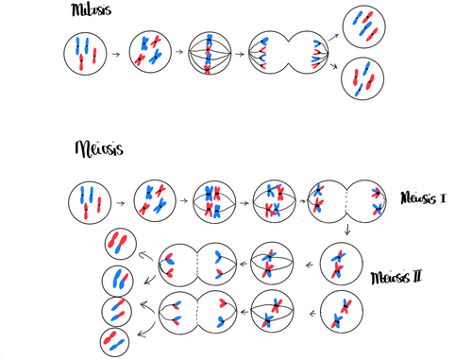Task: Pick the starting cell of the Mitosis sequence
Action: click(84, 54)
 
